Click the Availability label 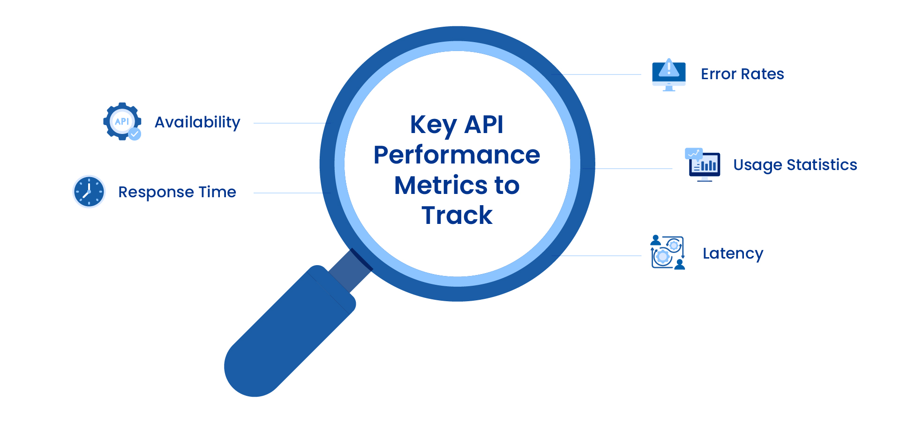tap(197, 122)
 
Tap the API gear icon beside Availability tap(121, 121)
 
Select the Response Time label tap(177, 192)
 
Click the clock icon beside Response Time tap(89, 192)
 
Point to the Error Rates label tap(742, 74)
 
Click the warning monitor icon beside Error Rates tap(669, 74)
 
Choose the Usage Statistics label tap(795, 165)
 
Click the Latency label tap(733, 253)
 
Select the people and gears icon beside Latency tap(667, 252)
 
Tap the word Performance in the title tap(457, 155)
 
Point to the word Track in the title tap(457, 215)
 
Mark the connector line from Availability tap(291, 123)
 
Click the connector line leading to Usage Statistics tap(633, 169)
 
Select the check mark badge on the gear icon tap(135, 134)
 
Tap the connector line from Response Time tap(291, 193)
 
